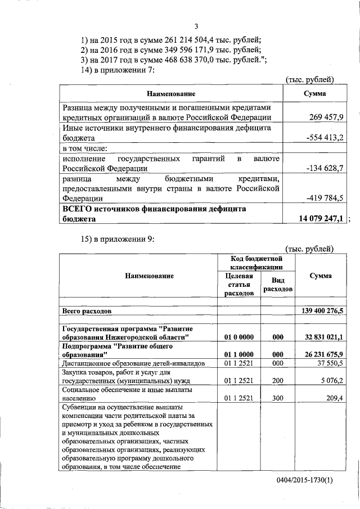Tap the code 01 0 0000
coord(239,336)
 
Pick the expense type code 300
coord(277,397)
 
